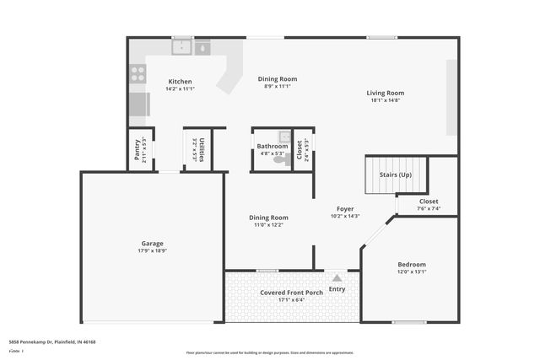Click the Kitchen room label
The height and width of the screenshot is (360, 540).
(181, 82)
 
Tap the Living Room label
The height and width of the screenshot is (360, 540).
(385, 93)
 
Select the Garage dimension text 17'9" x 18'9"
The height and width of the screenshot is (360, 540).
(153, 251)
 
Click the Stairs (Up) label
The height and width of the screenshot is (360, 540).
(395, 175)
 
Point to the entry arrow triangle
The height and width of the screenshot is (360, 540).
(337, 277)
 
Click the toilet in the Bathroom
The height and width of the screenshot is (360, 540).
(279, 158)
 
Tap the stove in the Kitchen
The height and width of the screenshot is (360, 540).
(138, 74)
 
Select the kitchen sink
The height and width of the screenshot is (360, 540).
(182, 48)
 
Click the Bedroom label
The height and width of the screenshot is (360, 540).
(412, 264)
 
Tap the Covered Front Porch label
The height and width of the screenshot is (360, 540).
(291, 293)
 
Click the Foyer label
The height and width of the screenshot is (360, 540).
(345, 208)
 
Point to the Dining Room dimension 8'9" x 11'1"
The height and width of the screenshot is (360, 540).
(278, 86)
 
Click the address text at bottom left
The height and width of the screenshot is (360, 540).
(52, 341)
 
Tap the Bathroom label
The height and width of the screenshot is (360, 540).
(273, 146)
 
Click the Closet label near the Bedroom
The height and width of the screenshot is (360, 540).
(429, 201)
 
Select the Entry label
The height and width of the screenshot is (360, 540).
(337, 290)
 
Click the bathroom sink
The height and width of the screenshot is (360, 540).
(284, 137)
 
